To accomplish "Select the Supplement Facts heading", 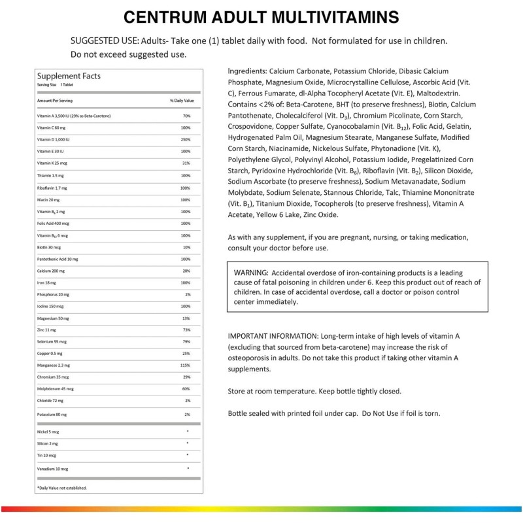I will coord(69,76).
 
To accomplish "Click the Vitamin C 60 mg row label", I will coord(52,127).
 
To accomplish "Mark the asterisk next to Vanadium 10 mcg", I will coord(188,468).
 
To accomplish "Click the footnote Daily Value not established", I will coord(62,488).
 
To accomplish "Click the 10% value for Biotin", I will coord(186,248).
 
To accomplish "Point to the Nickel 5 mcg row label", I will coord(48,433).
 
